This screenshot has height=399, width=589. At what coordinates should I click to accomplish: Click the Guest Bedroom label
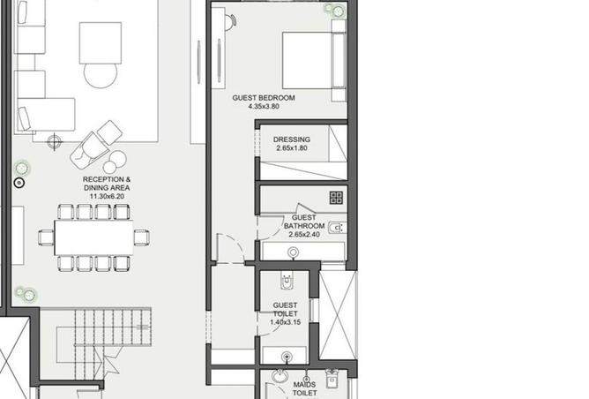(264, 98)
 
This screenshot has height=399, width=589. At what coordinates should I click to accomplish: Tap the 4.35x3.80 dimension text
(264, 107)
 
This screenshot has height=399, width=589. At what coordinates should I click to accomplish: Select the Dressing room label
(292, 139)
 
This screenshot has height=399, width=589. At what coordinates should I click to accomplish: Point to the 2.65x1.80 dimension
(292, 148)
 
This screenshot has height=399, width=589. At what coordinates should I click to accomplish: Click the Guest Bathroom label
(304, 222)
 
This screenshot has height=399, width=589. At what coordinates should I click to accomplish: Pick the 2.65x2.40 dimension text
(304, 234)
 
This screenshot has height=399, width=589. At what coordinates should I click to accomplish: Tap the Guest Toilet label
(285, 309)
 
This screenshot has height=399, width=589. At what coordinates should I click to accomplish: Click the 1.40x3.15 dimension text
(285, 322)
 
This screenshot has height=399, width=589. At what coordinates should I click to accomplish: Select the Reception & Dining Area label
(107, 184)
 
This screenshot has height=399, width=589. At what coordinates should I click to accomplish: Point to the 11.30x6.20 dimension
(107, 196)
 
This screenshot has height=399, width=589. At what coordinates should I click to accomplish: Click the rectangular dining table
(94, 237)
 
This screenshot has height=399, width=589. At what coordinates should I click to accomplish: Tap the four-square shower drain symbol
(336, 198)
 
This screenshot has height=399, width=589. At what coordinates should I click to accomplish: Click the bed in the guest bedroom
(314, 61)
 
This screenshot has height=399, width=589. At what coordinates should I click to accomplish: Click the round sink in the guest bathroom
(294, 252)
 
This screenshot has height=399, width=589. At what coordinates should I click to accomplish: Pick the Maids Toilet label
(305, 388)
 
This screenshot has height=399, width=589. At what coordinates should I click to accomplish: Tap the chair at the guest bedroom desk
(231, 21)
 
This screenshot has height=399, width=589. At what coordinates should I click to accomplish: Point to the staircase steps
(113, 327)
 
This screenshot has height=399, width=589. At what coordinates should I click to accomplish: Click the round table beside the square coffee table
(101, 75)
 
